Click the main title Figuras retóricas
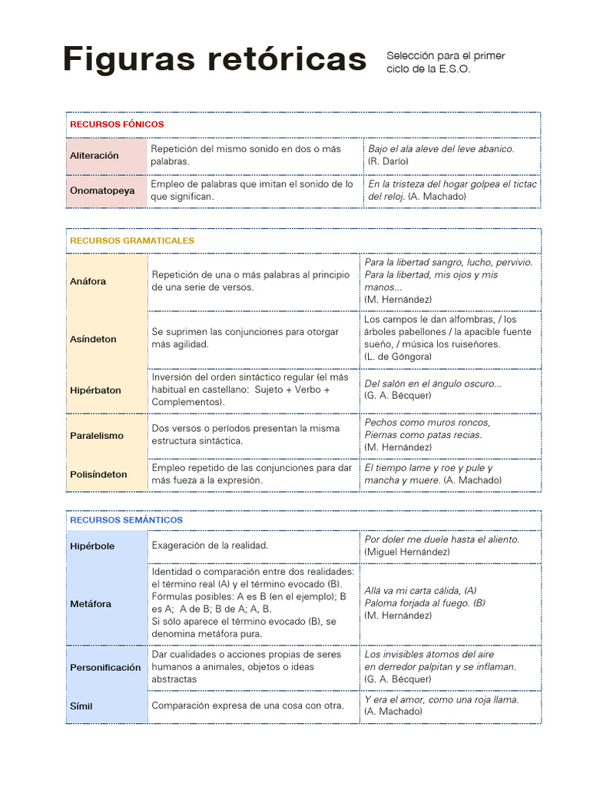click(x=214, y=59)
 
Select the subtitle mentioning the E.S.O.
click(x=446, y=62)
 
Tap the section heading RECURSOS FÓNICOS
click(x=117, y=124)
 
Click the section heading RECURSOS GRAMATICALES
click(x=132, y=241)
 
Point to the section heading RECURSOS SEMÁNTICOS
click(x=126, y=520)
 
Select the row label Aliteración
click(x=94, y=155)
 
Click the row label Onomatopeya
click(x=102, y=190)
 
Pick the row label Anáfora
click(x=88, y=281)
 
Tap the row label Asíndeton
click(x=93, y=339)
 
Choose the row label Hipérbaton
click(x=95, y=390)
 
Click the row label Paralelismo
click(x=96, y=436)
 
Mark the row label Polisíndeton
click(x=98, y=474)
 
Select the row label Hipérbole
click(x=92, y=546)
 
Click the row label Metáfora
click(x=91, y=604)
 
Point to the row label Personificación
click(x=105, y=668)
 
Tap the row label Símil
click(x=81, y=706)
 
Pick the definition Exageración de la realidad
click(x=210, y=545)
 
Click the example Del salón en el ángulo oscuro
click(x=433, y=384)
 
